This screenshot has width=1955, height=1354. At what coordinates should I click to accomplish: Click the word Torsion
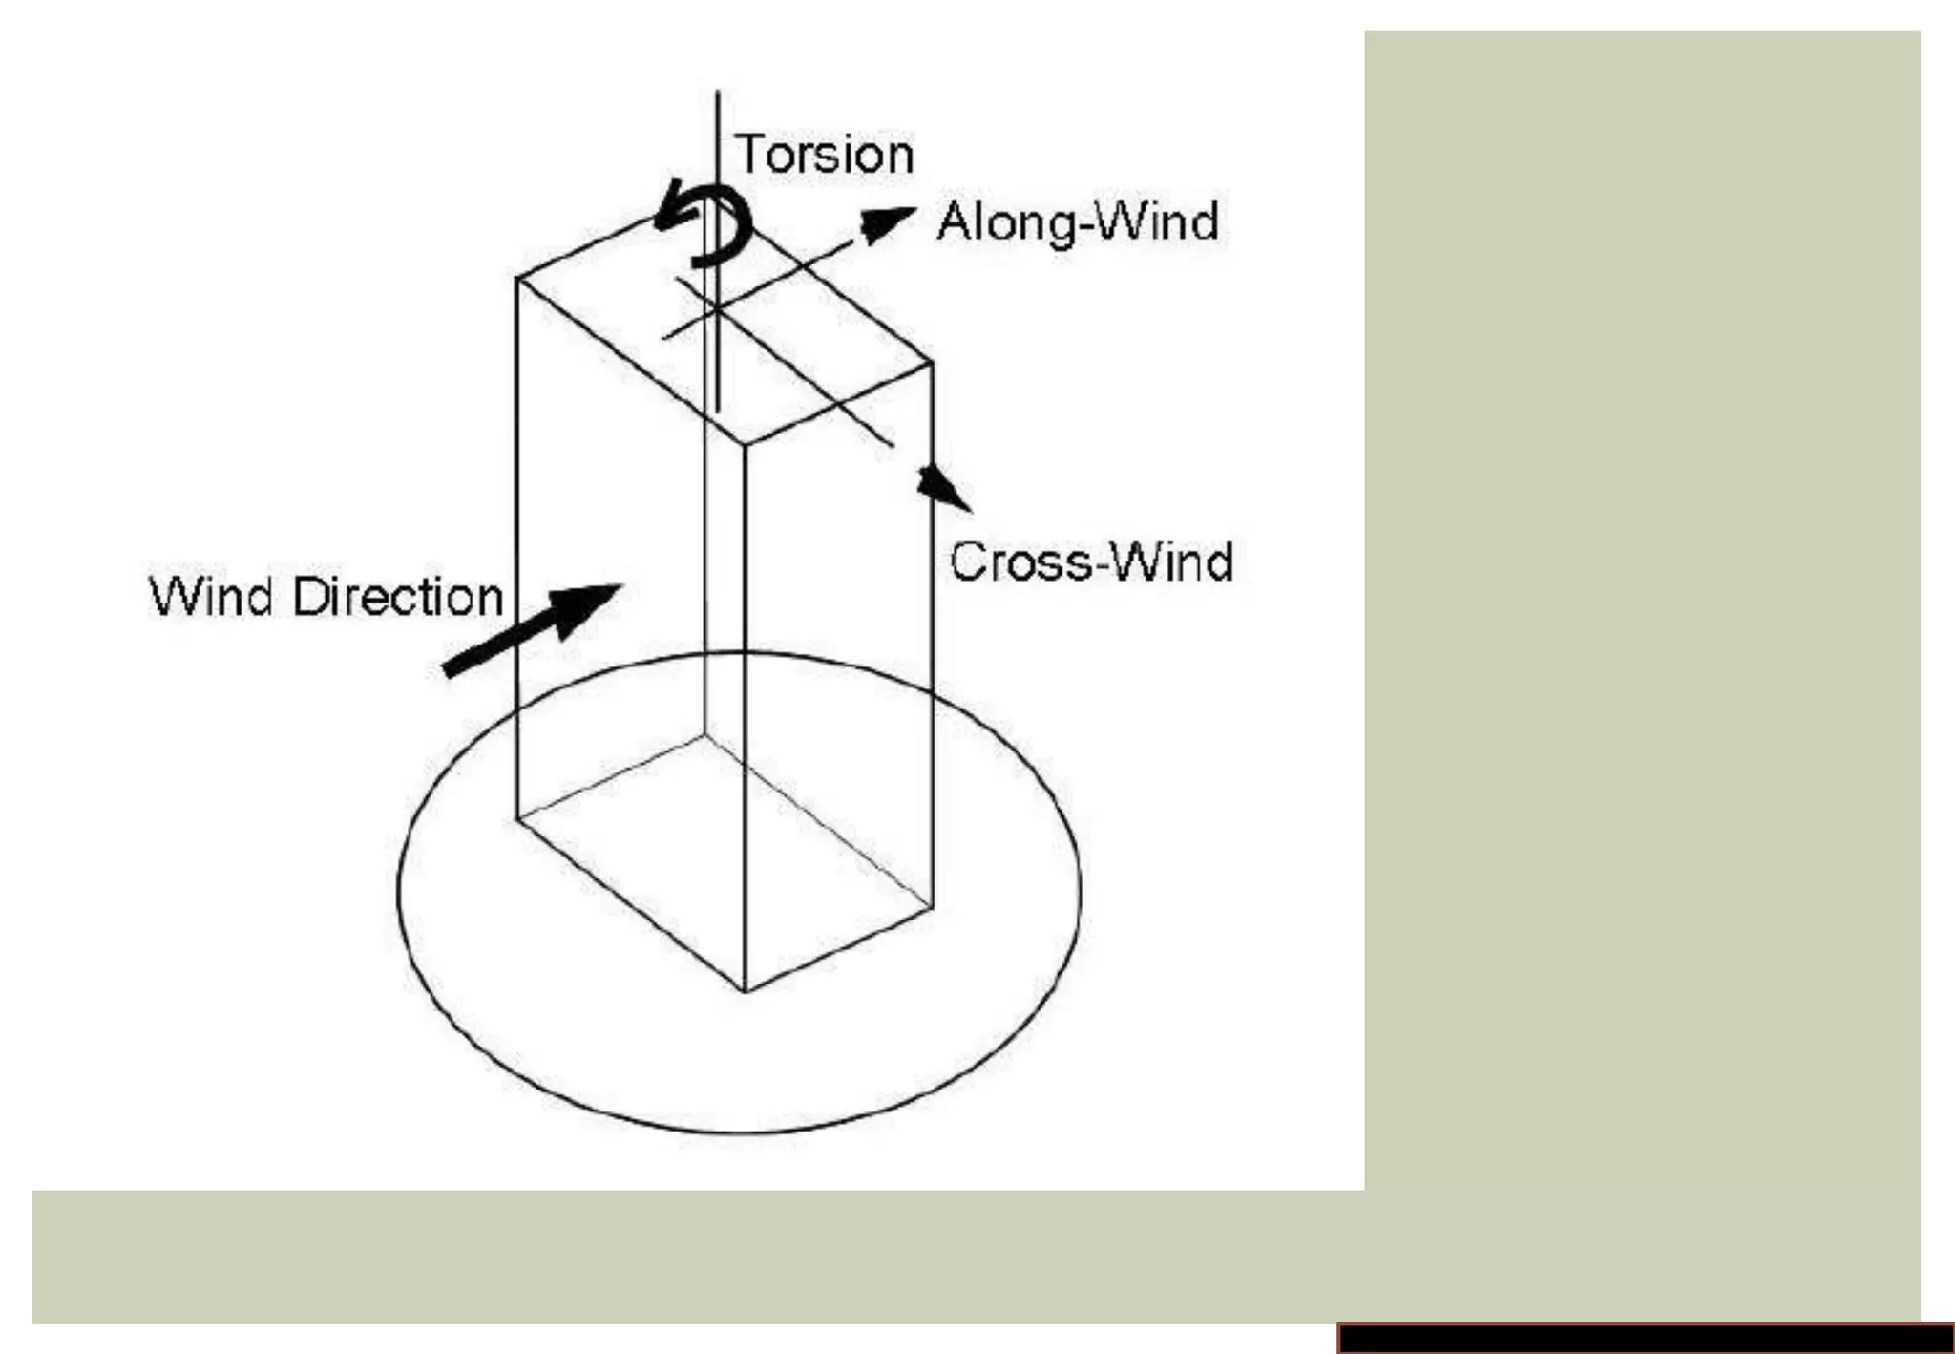[825, 155]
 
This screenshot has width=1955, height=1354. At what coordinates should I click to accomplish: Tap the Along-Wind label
[1078, 222]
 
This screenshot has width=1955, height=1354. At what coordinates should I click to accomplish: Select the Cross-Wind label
[1091, 561]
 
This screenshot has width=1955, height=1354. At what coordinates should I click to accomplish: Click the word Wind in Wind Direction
[214, 598]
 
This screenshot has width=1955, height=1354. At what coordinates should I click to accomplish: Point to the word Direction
[398, 598]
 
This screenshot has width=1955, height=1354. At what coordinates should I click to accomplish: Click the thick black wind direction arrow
[531, 630]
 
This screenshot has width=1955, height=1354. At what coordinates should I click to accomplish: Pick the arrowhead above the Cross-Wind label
[944, 488]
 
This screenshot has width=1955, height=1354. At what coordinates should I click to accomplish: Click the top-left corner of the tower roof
[516, 278]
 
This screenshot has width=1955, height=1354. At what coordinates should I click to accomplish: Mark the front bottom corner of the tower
[744, 991]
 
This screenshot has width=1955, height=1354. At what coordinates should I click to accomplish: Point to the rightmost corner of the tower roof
[932, 362]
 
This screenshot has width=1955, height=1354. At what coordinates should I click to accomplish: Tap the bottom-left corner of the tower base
[516, 818]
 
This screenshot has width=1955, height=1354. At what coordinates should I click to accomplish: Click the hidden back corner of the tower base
[705, 734]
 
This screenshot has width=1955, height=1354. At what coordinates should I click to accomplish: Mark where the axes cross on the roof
[716, 307]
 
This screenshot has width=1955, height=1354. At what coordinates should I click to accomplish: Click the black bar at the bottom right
[1646, 1338]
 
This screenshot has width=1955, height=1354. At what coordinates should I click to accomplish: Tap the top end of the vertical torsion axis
[718, 93]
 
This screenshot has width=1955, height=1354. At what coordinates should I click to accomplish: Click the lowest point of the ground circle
[740, 1133]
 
